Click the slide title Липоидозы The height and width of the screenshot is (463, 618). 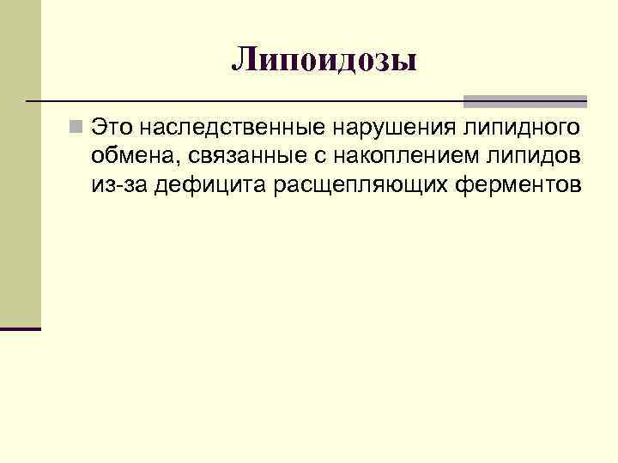coord(324,60)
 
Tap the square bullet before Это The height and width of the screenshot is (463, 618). coord(77,129)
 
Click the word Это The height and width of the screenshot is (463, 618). coord(112,129)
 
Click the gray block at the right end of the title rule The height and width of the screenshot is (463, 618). coord(525,100)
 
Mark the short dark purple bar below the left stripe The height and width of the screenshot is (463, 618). coord(21,328)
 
